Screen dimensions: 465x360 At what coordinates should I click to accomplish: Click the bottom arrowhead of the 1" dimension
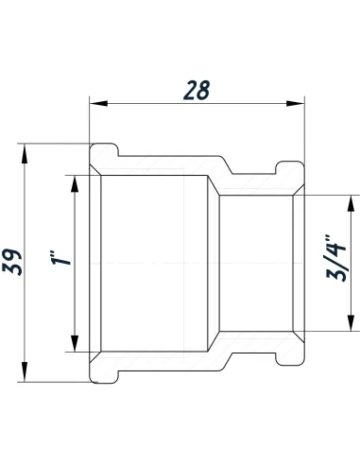74,345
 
